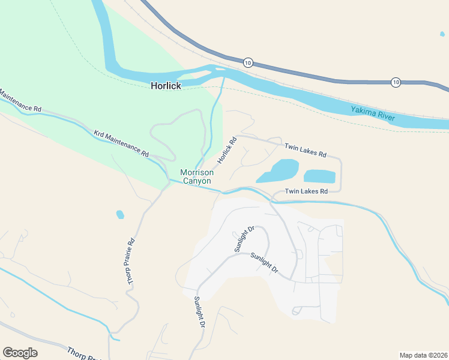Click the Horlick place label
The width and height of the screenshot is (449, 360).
[166, 86]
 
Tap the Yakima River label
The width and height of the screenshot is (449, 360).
[373, 113]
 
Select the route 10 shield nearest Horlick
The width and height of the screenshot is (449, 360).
[249, 62]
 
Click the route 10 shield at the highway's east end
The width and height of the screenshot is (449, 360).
[396, 82]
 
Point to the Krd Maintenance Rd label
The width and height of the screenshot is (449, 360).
[122, 142]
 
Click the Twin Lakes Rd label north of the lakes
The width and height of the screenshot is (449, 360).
[305, 150]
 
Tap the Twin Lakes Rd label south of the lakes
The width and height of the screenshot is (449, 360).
[306, 191]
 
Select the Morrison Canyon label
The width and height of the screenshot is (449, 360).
[196, 176]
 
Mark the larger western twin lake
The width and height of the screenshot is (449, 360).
[278, 171]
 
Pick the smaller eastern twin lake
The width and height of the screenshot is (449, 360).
[319, 176]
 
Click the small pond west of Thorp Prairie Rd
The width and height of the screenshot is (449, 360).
[120, 214]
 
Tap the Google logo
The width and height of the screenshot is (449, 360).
[20, 353]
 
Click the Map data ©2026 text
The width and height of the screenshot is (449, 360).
[423, 355]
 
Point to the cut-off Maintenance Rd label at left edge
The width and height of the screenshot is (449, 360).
[20, 101]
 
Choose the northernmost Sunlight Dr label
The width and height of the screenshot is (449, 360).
[245, 239]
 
